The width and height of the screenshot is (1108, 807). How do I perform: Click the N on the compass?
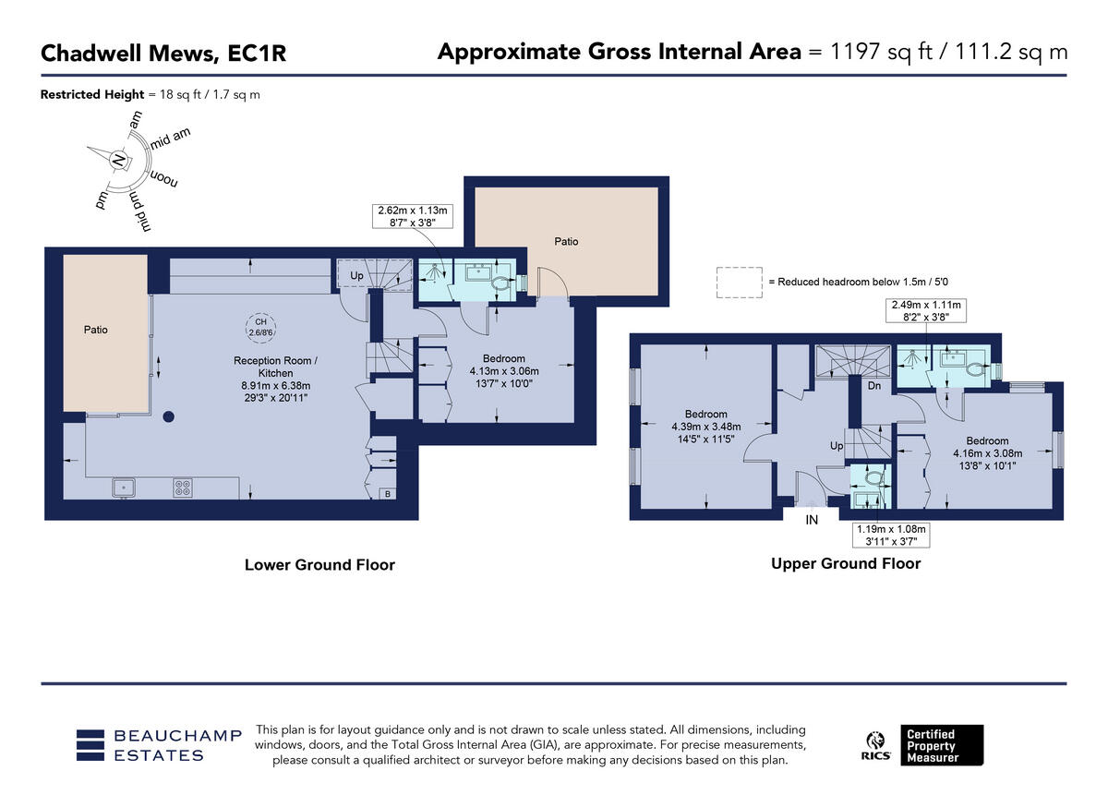click(x=118, y=160)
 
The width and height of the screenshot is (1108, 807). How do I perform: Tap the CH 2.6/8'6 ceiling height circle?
click(x=260, y=328)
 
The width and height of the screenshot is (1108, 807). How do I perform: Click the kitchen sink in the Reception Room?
click(x=124, y=488)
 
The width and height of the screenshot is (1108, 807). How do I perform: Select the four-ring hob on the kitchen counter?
click(x=183, y=488)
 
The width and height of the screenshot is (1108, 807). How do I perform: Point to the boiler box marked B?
click(x=387, y=494)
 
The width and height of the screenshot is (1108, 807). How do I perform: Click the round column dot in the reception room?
click(x=169, y=416)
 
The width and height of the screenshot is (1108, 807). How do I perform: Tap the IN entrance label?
click(x=812, y=520)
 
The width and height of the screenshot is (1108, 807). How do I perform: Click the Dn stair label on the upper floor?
click(x=874, y=385)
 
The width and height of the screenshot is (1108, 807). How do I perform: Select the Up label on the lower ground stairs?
click(x=356, y=275)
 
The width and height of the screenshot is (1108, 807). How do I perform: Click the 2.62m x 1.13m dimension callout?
click(x=413, y=216)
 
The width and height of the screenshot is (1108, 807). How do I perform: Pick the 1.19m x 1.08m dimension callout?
click(x=891, y=536)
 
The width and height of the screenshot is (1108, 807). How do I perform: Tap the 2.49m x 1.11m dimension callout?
click(x=926, y=311)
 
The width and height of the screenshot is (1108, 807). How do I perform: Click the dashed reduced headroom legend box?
click(x=739, y=283)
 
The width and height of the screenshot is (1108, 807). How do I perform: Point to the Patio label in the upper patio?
click(x=566, y=242)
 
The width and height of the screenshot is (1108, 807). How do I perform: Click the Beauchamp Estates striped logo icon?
click(x=90, y=745)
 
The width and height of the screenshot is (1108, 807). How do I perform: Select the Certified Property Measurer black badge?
click(x=942, y=745)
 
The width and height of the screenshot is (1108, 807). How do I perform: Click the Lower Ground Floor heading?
click(x=319, y=565)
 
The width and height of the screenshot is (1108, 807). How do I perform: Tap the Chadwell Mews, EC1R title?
click(x=163, y=53)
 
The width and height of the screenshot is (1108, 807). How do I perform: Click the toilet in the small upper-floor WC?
click(x=873, y=478)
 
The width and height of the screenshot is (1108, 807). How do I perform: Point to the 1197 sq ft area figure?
click(x=881, y=52)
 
